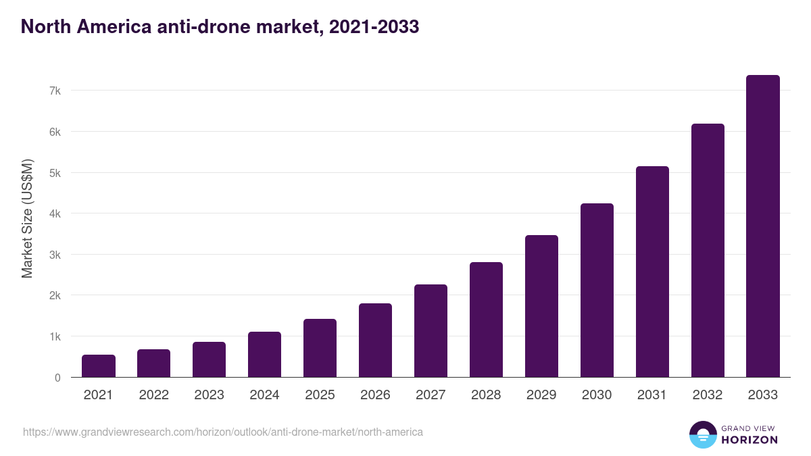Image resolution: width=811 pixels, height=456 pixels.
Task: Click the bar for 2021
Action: tap(99, 366)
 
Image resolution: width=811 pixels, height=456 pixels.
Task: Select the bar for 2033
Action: tap(763, 226)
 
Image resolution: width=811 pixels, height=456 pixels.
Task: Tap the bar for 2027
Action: tap(431, 331)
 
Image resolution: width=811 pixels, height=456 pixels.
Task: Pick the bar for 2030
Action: tap(597, 290)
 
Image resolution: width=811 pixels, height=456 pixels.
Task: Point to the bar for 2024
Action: tap(264, 355)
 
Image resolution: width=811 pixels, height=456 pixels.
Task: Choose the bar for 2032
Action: tap(708, 251)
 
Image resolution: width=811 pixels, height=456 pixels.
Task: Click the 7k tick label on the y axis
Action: tap(55, 91)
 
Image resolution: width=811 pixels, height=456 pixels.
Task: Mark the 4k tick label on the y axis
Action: tap(55, 213)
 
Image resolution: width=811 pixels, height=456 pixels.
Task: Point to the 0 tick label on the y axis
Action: tap(57, 378)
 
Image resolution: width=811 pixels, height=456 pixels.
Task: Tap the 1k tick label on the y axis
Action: tap(55, 336)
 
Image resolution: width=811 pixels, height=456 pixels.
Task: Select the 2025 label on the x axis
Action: tap(320, 395)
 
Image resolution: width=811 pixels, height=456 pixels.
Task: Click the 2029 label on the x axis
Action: tap(541, 395)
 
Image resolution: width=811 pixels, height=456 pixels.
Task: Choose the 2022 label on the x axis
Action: tap(153, 395)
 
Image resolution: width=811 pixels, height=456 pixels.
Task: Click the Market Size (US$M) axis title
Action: tap(27, 219)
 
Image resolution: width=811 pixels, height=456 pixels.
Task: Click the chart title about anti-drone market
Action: tap(220, 26)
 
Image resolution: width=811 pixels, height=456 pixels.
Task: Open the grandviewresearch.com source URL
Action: tap(223, 432)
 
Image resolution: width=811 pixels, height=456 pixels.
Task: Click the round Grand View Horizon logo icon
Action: tap(703, 435)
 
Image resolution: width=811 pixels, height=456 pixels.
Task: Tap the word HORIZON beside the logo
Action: tap(749, 440)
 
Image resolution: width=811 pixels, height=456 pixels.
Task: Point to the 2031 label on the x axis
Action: tap(652, 395)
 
